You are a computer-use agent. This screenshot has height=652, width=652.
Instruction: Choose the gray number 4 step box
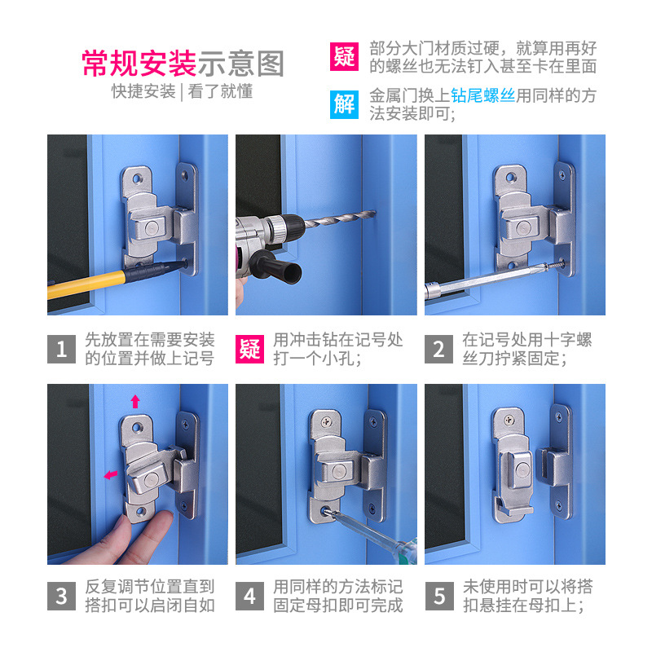click(249, 596)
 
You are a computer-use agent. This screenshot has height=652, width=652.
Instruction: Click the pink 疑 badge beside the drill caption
click(249, 349)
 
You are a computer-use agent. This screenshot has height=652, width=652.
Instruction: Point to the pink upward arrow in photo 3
click(135, 401)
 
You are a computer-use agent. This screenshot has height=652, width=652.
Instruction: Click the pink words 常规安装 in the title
click(139, 63)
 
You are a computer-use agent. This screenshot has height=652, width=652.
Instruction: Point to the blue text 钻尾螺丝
click(482, 95)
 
